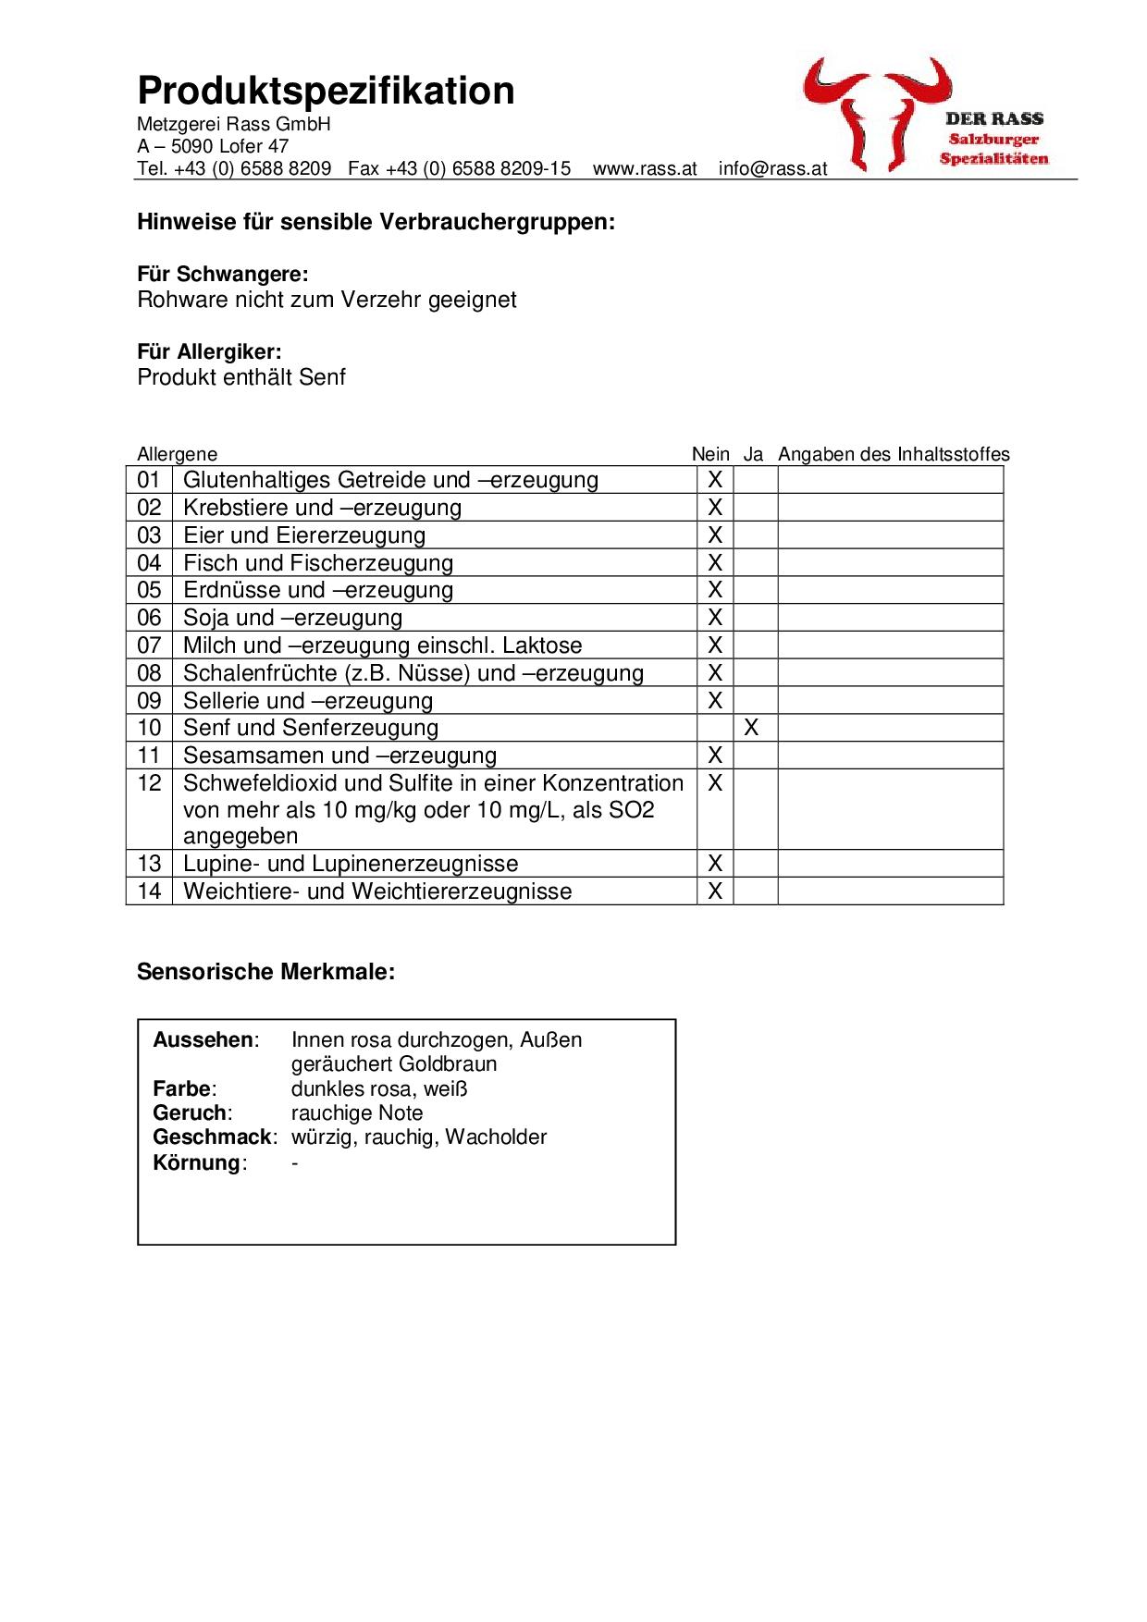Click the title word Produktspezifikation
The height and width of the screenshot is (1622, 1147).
[x=326, y=91]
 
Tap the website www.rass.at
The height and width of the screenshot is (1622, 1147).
[x=645, y=168]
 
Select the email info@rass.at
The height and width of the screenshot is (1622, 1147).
[x=772, y=168]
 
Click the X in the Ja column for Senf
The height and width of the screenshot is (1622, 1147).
[x=751, y=728]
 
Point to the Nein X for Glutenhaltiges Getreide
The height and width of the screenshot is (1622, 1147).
[x=714, y=480]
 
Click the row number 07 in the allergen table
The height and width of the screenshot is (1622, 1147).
[x=149, y=645]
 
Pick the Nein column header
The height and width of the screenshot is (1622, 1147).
[x=710, y=454]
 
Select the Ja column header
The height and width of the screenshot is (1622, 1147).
[x=753, y=454]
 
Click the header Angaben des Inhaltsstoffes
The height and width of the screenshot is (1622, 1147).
[x=894, y=454]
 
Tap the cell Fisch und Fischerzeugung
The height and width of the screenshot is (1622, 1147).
[x=318, y=563]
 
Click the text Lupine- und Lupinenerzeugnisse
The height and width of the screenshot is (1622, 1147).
[x=351, y=864]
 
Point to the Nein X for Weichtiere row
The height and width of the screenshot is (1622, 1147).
[x=714, y=891]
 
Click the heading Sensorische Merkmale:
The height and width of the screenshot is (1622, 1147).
[x=265, y=972]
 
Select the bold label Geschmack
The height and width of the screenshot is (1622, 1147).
[x=213, y=1137]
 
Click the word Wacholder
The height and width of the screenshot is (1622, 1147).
[x=496, y=1137]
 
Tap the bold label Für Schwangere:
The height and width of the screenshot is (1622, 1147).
[x=222, y=274]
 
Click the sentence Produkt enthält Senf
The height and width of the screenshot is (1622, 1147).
[x=241, y=377]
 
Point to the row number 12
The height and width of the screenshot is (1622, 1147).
[x=149, y=783]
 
